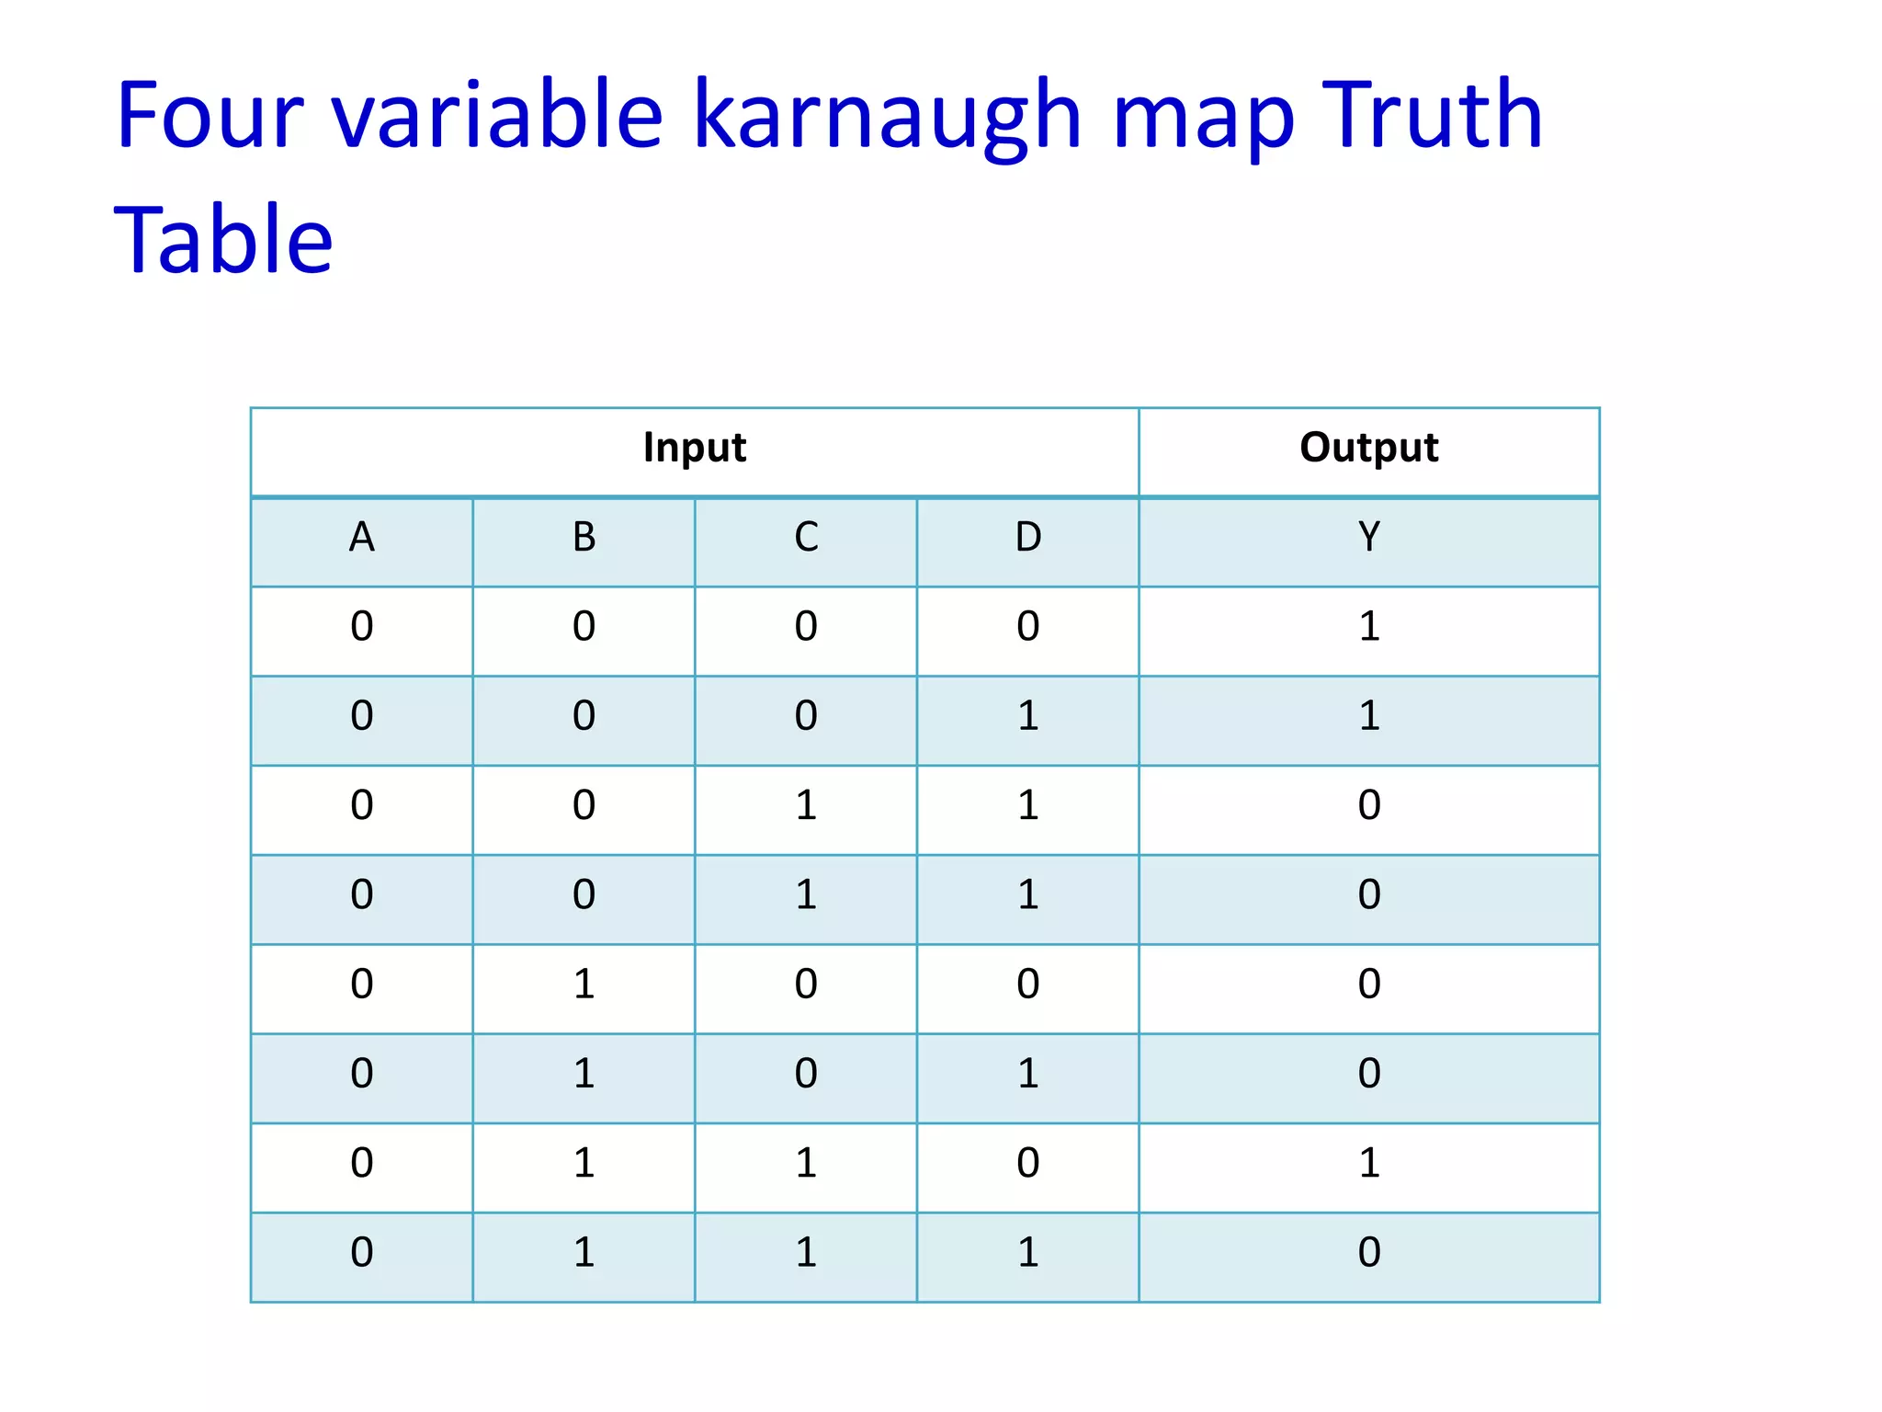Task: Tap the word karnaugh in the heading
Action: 887,118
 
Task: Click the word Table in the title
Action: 223,241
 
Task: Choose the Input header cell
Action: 695,449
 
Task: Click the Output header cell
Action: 1368,449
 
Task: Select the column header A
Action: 362,538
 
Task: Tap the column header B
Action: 584,538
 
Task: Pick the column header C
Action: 806,538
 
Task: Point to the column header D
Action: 1028,538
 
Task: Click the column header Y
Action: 1368,538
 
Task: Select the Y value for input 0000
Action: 1368,627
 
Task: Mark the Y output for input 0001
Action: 1368,716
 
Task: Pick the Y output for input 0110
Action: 1368,1164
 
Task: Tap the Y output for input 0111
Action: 1368,1253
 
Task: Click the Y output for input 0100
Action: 1368,985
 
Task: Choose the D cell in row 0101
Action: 1028,1074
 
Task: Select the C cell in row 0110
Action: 806,1164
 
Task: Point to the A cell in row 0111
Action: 362,1253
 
